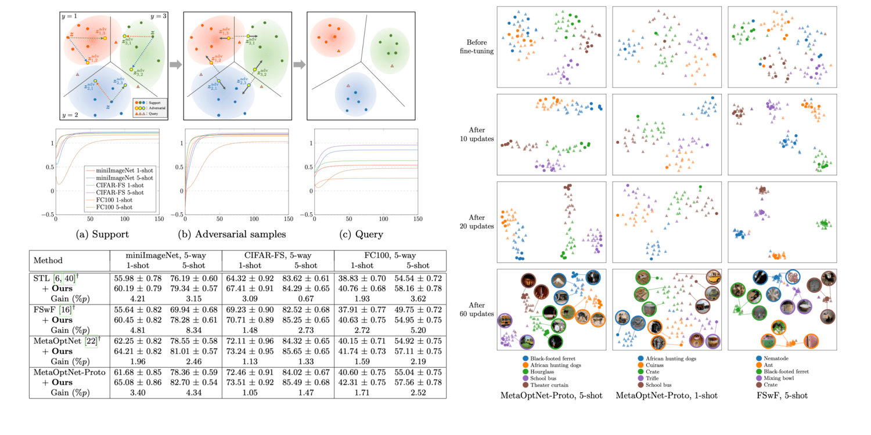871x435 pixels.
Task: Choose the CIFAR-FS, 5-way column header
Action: pyautogui.click(x=276, y=256)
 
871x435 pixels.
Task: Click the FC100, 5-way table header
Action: pyautogui.click(x=389, y=256)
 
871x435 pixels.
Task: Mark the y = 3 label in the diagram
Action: pyautogui.click(x=159, y=16)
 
